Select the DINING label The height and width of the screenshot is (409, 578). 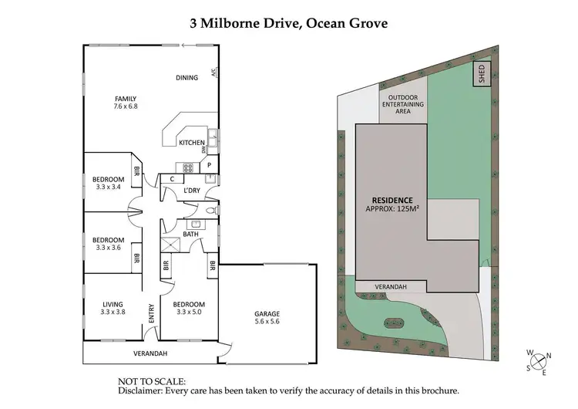(187, 77)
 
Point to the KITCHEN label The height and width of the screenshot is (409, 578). (191, 143)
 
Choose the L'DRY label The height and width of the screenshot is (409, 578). (191, 191)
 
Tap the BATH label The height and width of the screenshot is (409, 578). (191, 234)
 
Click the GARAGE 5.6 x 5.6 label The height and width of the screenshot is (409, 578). (267, 318)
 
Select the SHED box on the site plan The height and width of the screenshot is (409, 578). (481, 75)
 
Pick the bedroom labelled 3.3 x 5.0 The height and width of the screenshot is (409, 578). (189, 308)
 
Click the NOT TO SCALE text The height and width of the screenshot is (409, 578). (151, 380)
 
